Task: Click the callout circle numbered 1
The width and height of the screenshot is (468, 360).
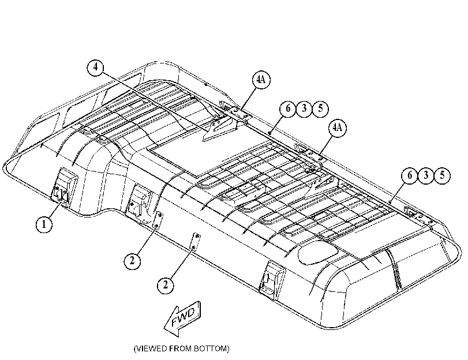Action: (44, 224)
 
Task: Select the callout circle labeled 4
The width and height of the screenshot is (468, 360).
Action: (95, 67)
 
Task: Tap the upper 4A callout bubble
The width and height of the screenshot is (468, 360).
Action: (261, 80)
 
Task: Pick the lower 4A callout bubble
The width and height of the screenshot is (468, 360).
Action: (337, 127)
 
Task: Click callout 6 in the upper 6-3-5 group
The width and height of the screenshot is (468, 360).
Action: (288, 108)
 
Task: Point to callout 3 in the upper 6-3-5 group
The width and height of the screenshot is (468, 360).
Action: (304, 108)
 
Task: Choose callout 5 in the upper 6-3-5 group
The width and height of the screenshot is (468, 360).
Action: (320, 108)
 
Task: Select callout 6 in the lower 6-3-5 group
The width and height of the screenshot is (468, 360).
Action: (410, 175)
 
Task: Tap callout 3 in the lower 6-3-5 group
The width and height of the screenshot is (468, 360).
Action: (426, 175)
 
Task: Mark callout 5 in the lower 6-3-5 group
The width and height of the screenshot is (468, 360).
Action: (442, 175)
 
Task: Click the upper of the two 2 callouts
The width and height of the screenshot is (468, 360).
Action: (132, 261)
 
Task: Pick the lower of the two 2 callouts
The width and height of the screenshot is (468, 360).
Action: (166, 285)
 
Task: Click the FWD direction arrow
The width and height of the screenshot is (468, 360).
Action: (182, 318)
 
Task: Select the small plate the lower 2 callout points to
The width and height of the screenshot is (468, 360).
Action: (195, 242)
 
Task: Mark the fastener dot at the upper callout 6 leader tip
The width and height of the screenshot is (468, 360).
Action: (269, 133)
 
